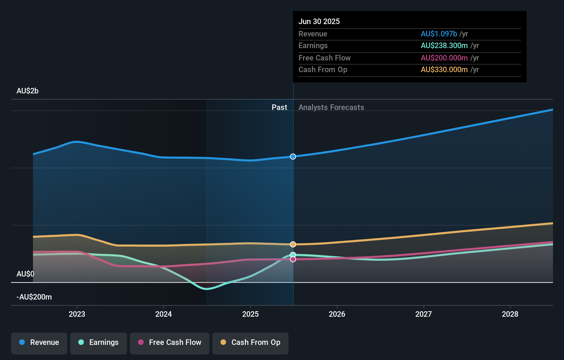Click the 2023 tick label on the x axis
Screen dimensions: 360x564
point(77,314)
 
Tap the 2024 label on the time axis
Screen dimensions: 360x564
point(163,314)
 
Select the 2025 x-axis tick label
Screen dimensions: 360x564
point(250,314)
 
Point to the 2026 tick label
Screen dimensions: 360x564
point(337,314)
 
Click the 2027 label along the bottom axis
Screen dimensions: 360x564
point(424,314)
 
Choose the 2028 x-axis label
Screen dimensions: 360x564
point(510,314)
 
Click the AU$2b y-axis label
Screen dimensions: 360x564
point(27,91)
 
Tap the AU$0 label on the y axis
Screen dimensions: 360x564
point(25,274)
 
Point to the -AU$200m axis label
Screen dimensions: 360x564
point(34,297)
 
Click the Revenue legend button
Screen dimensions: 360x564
point(39,342)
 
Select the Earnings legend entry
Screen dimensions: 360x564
point(99,342)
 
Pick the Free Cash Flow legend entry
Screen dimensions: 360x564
point(170,342)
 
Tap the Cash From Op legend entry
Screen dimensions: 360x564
point(250,342)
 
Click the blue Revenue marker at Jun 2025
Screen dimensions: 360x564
point(293,157)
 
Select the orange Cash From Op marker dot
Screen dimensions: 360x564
point(293,244)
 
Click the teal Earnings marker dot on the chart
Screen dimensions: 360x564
point(293,255)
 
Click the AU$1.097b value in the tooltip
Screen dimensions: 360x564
point(439,34)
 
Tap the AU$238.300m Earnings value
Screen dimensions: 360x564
point(444,46)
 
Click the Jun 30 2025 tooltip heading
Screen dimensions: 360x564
point(319,21)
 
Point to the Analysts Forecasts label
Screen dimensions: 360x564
point(331,107)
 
